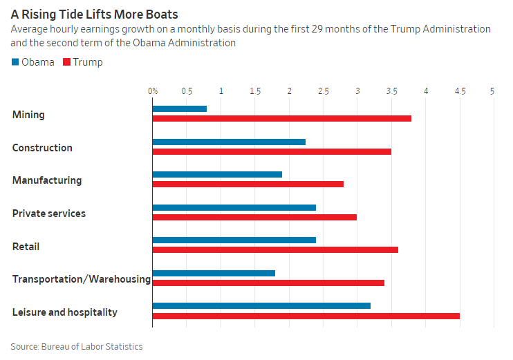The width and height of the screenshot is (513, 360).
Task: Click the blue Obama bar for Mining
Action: click(x=179, y=108)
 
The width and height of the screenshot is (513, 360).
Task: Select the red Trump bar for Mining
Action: click(x=281, y=118)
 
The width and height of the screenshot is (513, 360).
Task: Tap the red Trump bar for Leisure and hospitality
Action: click(x=306, y=316)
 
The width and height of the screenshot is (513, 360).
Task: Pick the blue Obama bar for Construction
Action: click(x=229, y=142)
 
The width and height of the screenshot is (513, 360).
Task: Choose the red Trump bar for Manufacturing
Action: click(x=248, y=184)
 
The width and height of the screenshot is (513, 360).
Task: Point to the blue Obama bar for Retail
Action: click(x=234, y=240)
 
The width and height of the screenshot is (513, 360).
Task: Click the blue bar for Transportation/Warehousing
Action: click(x=214, y=273)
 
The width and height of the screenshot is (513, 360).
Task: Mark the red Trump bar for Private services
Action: click(x=254, y=217)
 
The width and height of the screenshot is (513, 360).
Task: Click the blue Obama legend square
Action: click(x=15, y=62)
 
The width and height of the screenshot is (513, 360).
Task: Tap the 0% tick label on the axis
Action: click(x=153, y=91)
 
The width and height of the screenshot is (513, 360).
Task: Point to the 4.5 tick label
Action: click(x=460, y=91)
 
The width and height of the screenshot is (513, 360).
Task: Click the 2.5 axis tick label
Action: click(x=324, y=91)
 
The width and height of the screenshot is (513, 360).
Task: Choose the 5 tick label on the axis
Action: click(x=493, y=91)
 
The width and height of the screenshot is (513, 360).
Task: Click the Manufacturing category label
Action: click(x=47, y=180)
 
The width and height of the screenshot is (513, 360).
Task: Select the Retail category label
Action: click(x=26, y=246)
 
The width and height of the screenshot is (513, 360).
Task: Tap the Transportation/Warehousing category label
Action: click(x=81, y=279)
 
